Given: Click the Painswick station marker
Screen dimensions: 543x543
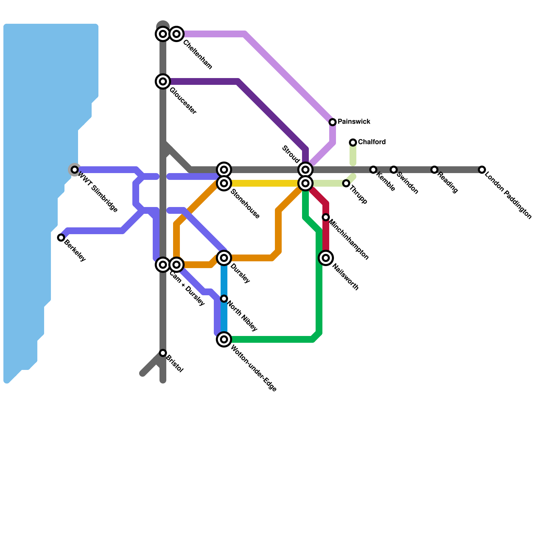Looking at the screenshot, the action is point(333,122).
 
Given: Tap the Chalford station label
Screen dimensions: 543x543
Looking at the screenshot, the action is point(372,142).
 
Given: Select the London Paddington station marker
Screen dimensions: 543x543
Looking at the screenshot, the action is point(482,170).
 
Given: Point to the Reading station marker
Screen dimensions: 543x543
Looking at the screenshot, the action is point(434,170).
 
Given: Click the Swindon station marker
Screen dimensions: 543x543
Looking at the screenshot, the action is point(394,170).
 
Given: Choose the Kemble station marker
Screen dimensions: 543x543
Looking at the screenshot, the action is point(373,170).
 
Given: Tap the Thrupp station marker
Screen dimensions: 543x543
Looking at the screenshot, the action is point(346,183).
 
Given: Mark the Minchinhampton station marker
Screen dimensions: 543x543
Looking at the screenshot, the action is point(326,217).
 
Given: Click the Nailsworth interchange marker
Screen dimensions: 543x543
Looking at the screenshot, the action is point(326,258).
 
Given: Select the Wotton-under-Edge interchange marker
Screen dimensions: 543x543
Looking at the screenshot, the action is point(224,339).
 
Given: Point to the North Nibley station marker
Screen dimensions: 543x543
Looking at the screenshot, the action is point(224,299).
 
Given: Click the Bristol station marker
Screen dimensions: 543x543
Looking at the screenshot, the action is point(163,353).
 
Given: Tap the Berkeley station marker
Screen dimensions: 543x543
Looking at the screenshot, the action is point(61,238).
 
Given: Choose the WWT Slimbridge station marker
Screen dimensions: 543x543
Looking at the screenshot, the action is point(75,170).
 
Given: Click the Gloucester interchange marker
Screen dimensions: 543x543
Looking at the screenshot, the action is point(163,81).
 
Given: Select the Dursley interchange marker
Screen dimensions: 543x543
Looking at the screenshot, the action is point(224,258).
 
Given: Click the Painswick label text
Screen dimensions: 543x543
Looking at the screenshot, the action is point(354,121).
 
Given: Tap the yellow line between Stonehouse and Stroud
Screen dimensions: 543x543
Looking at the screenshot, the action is point(265,183).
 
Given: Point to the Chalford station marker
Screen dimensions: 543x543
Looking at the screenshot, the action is point(353,143).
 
